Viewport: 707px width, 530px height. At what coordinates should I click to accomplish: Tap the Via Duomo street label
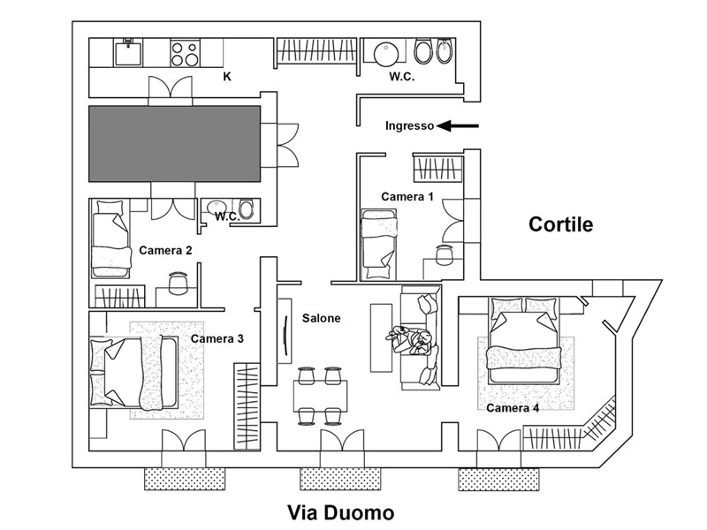341,512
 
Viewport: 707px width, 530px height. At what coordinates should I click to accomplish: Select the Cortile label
560,224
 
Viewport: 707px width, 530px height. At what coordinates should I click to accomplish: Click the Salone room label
321,318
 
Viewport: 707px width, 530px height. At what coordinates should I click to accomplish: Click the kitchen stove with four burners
184,53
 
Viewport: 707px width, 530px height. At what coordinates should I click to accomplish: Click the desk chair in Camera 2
178,282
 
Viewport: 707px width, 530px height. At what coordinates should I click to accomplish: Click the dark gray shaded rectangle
175,141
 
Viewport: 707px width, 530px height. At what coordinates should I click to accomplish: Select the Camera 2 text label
165,250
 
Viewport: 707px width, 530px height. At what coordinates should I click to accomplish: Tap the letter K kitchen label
227,77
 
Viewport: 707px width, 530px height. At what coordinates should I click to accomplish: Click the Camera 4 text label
512,408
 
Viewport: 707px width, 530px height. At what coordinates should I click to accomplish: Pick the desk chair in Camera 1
445,254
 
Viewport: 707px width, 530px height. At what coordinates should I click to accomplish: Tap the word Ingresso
409,125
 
